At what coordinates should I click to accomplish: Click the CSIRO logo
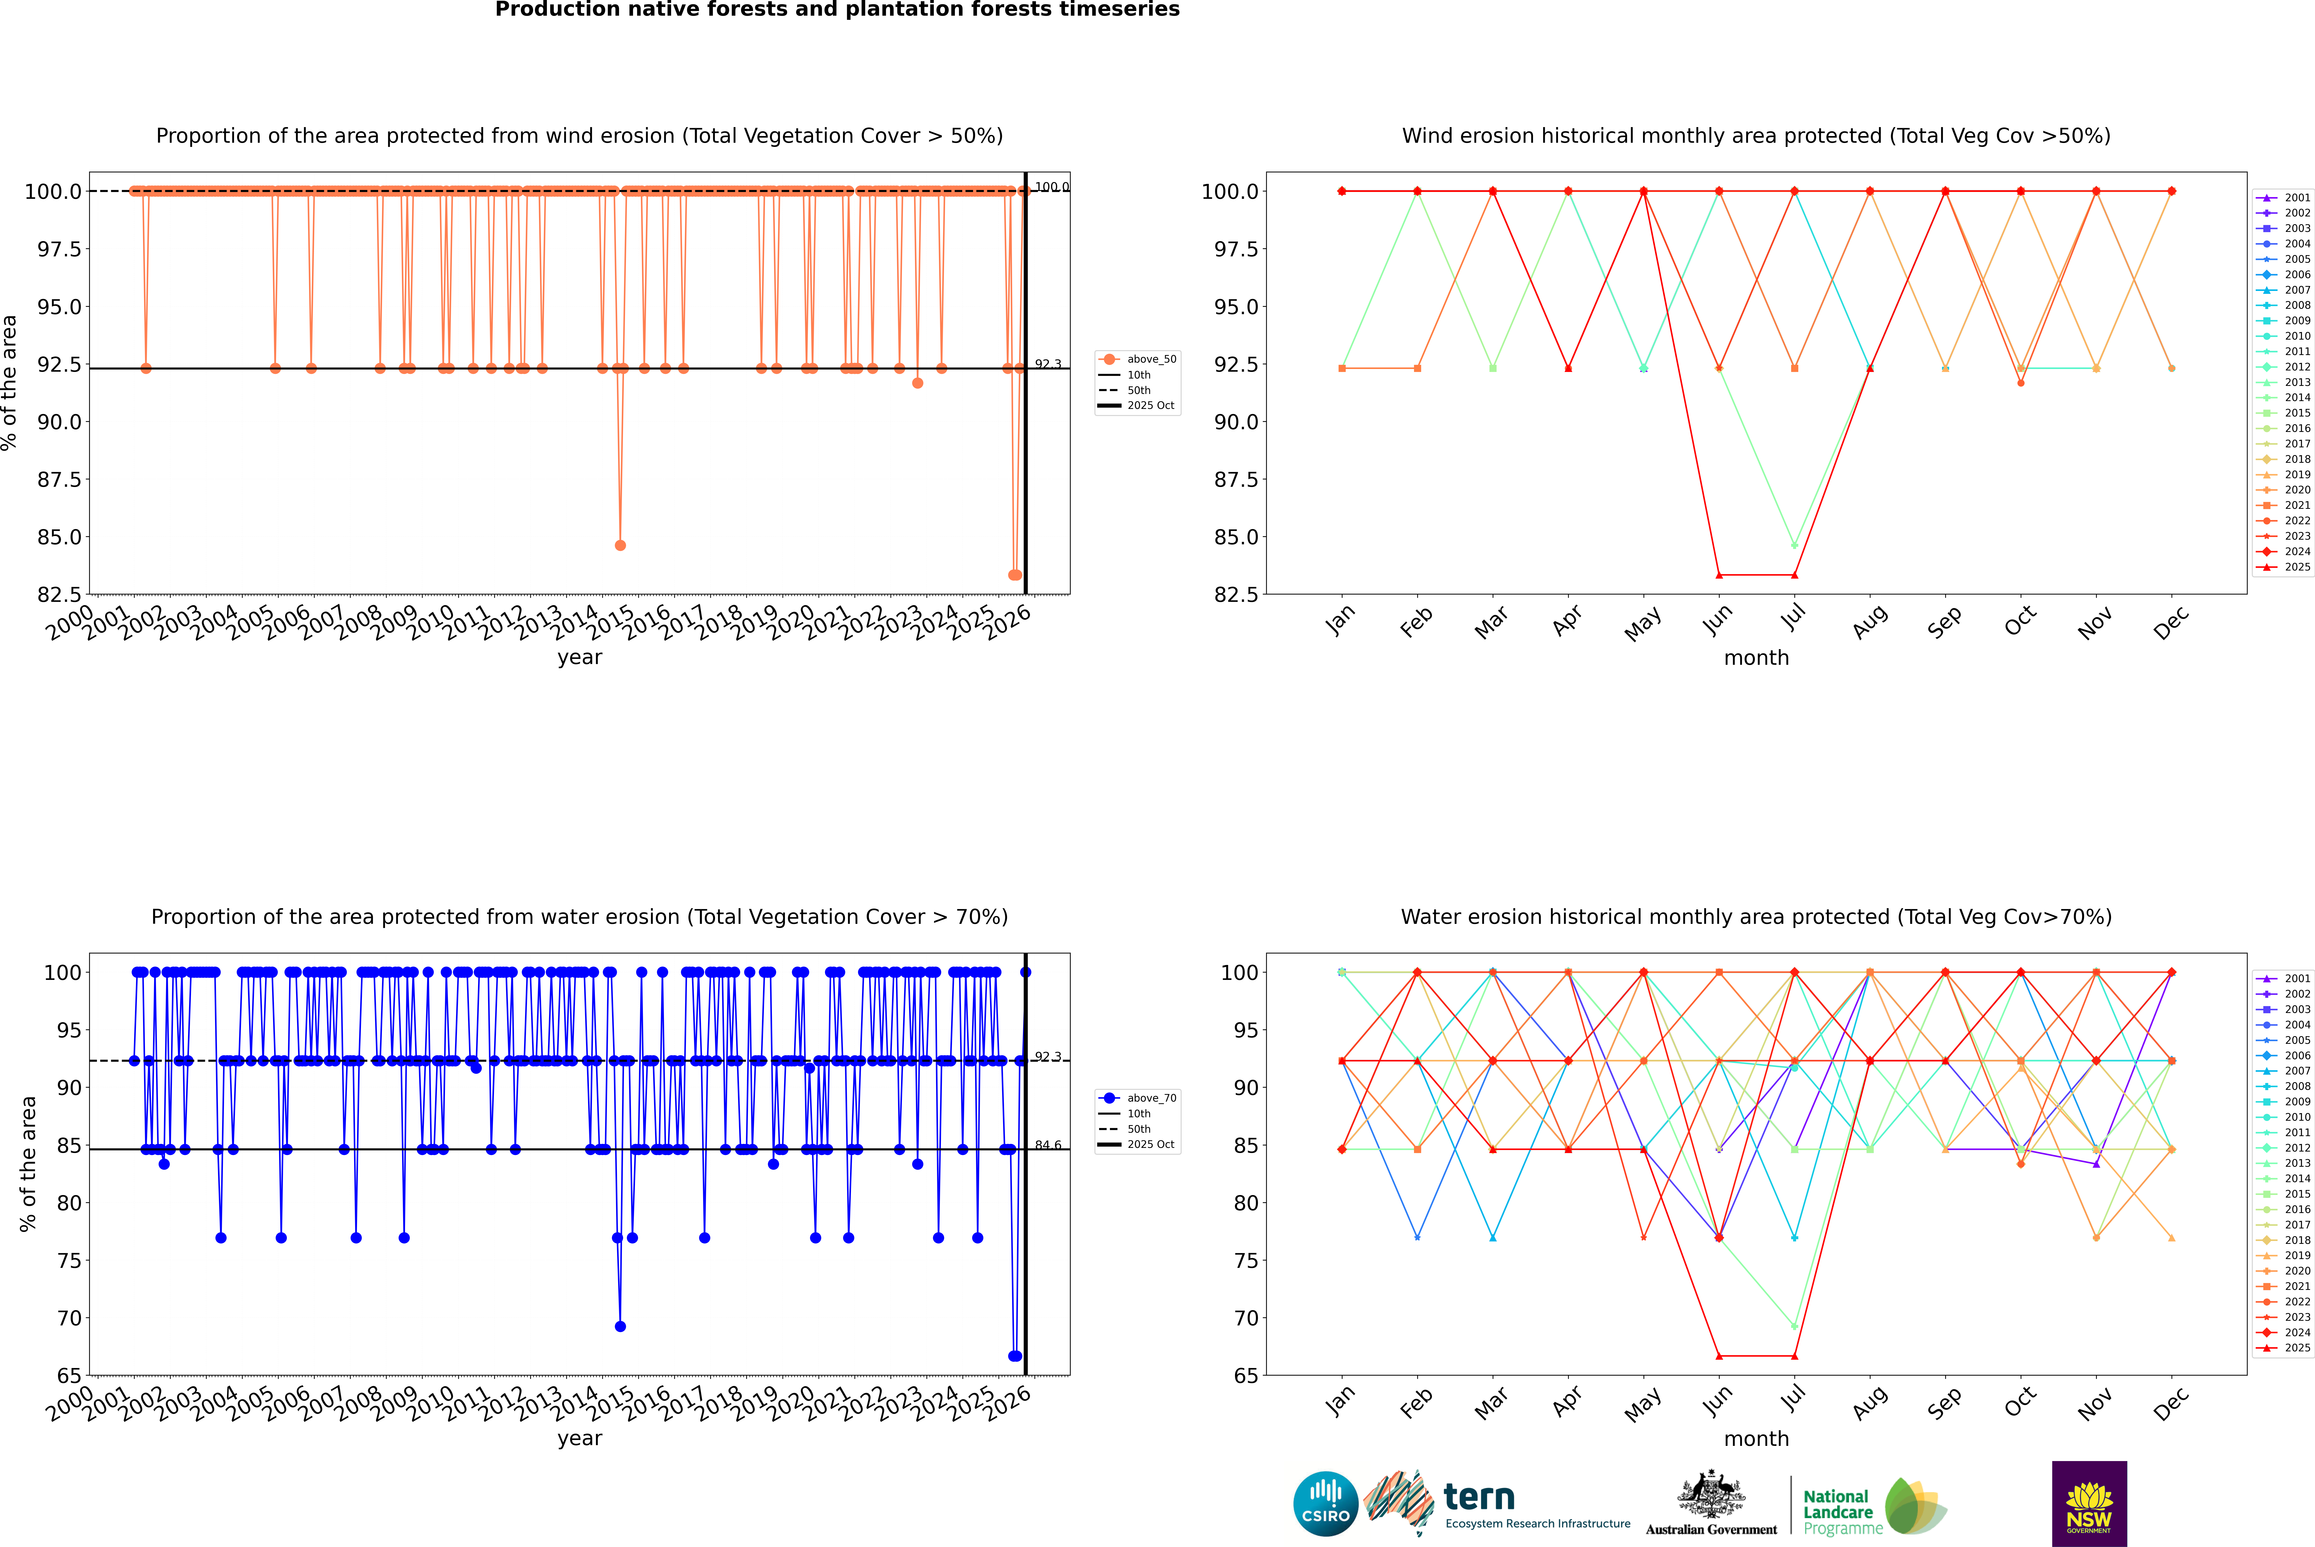point(1325,1504)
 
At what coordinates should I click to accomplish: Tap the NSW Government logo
point(2089,1504)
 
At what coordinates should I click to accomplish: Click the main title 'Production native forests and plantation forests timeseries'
point(837,10)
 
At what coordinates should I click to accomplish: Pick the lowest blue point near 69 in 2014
point(620,1326)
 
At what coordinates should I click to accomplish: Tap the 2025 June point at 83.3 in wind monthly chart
point(1719,575)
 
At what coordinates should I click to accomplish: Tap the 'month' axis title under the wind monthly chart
point(1755,658)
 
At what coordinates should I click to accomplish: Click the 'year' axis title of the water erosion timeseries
point(579,1439)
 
